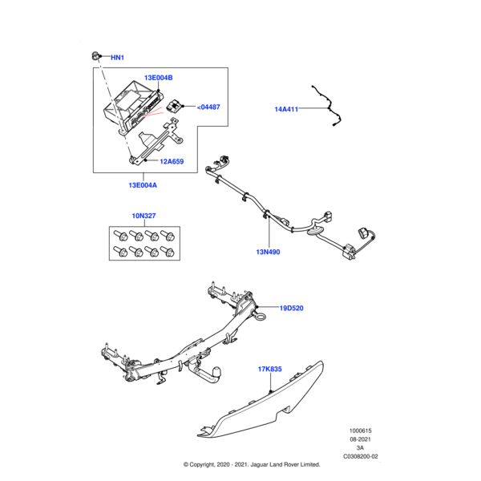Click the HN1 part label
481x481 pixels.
click(117, 58)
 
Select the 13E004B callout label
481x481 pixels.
click(158, 78)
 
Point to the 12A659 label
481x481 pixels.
click(172, 161)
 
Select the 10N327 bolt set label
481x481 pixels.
click(144, 216)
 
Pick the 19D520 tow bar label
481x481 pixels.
click(292, 308)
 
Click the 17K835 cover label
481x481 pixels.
click(271, 369)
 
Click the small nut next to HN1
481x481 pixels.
click(94, 55)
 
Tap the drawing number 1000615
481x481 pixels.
click(359, 430)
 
